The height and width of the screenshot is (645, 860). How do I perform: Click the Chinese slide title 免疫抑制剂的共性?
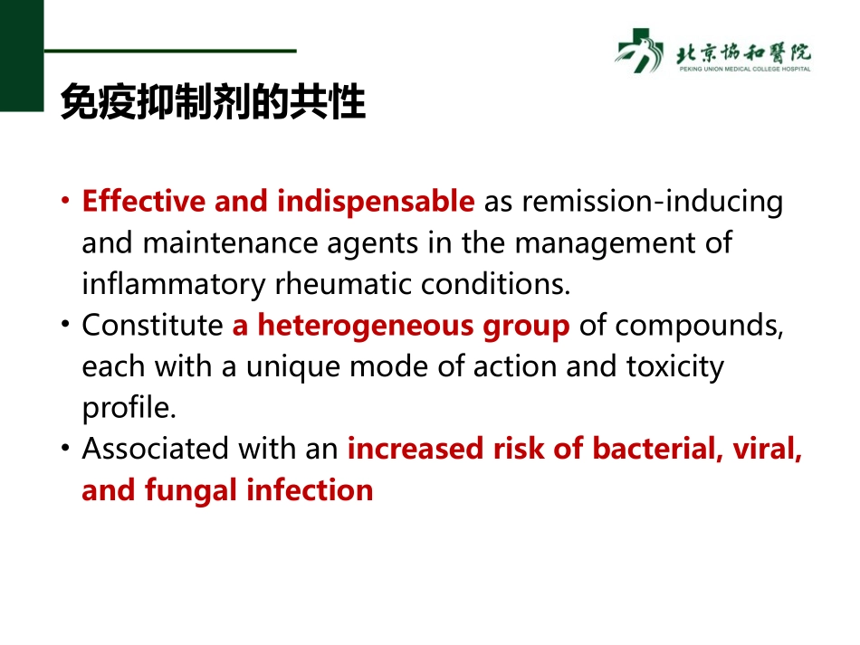pyautogui.click(x=213, y=104)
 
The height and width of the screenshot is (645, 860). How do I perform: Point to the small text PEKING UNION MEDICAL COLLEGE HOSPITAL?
pyautogui.click(x=743, y=69)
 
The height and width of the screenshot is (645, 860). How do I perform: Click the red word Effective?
pyautogui.click(x=144, y=202)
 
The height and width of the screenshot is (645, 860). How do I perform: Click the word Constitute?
pyautogui.click(x=152, y=326)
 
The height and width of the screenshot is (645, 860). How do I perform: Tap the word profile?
pyautogui.click(x=128, y=408)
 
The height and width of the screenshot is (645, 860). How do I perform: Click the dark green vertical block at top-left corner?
pyautogui.click(x=21, y=55)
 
